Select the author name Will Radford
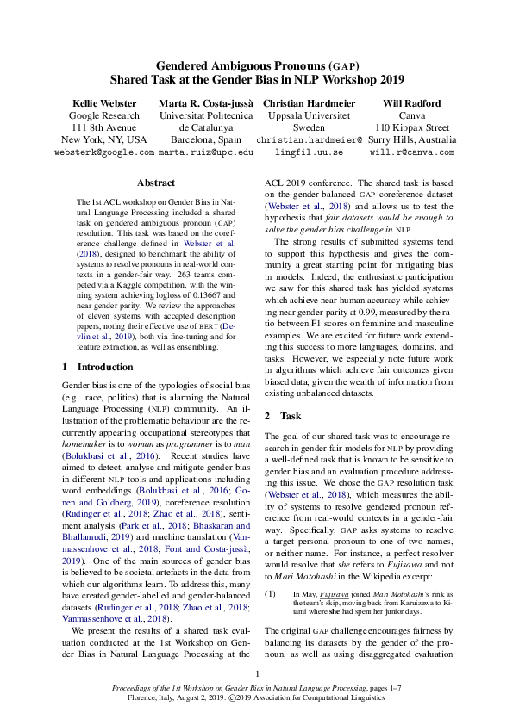(x=412, y=102)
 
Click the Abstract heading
(x=156, y=183)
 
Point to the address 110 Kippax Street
(x=412, y=127)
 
